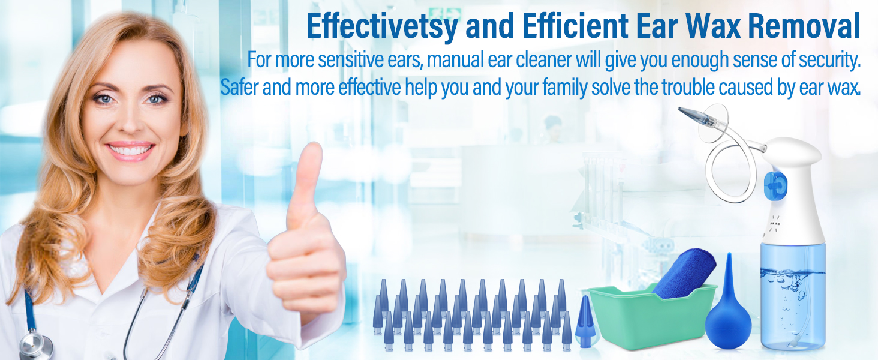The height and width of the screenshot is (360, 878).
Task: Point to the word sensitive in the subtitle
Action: tap(377, 61)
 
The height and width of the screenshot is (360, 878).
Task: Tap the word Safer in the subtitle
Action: tap(239, 88)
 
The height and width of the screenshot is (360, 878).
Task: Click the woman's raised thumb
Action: tap(309, 174)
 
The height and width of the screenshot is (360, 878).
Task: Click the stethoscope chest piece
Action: tap(34, 346)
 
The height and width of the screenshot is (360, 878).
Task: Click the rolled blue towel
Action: tap(684, 273)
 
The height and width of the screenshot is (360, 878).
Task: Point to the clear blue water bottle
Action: tap(793, 294)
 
